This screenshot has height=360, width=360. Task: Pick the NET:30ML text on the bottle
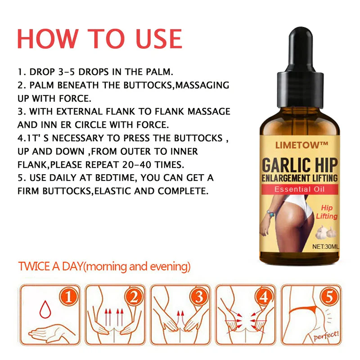pyautogui.click(x=325, y=247)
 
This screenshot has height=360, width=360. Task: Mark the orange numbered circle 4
pyautogui.click(x=265, y=297)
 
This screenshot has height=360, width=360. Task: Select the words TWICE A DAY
pyautogui.click(x=51, y=266)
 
